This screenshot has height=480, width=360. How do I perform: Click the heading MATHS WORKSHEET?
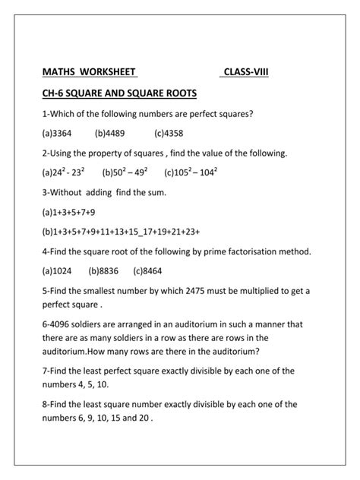click(x=89, y=72)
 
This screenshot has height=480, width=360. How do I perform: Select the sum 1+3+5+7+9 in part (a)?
click(x=74, y=211)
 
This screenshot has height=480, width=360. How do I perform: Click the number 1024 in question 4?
click(x=64, y=270)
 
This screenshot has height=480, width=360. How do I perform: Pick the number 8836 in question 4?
click(x=109, y=270)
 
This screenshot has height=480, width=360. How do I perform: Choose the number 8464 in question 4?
click(x=153, y=270)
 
